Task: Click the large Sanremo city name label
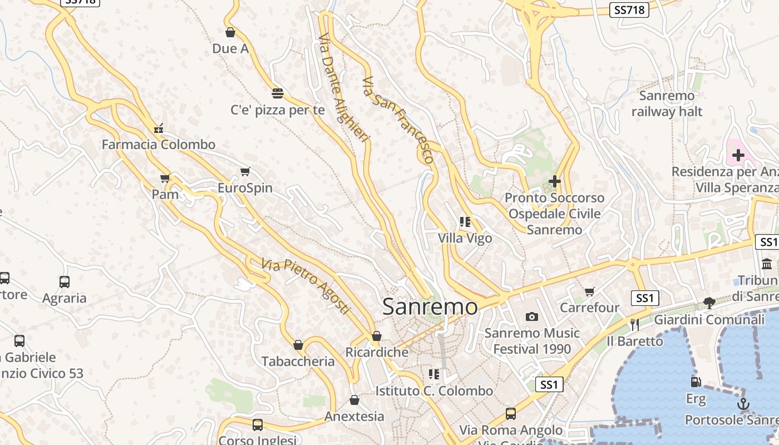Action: coord(430,306)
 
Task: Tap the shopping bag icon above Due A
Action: coord(230,32)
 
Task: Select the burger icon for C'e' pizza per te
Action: coord(278,93)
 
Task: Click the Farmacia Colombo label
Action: coord(159,145)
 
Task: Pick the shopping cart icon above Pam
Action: coord(165,178)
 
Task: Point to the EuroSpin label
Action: coord(245,188)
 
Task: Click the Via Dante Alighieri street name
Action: coord(343,88)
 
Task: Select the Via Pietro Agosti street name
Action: coord(306,286)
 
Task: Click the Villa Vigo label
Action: coord(465,238)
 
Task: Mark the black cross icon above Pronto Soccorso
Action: coord(555,181)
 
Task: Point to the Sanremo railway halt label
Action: coord(667,103)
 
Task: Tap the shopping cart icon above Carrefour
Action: coord(590,291)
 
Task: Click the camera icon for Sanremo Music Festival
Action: coord(532,317)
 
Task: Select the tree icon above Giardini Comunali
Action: coord(709,303)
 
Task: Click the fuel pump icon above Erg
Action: coord(696,382)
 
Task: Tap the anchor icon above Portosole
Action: coord(743,403)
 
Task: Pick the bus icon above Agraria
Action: coord(65,281)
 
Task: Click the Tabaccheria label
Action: coord(298,362)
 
